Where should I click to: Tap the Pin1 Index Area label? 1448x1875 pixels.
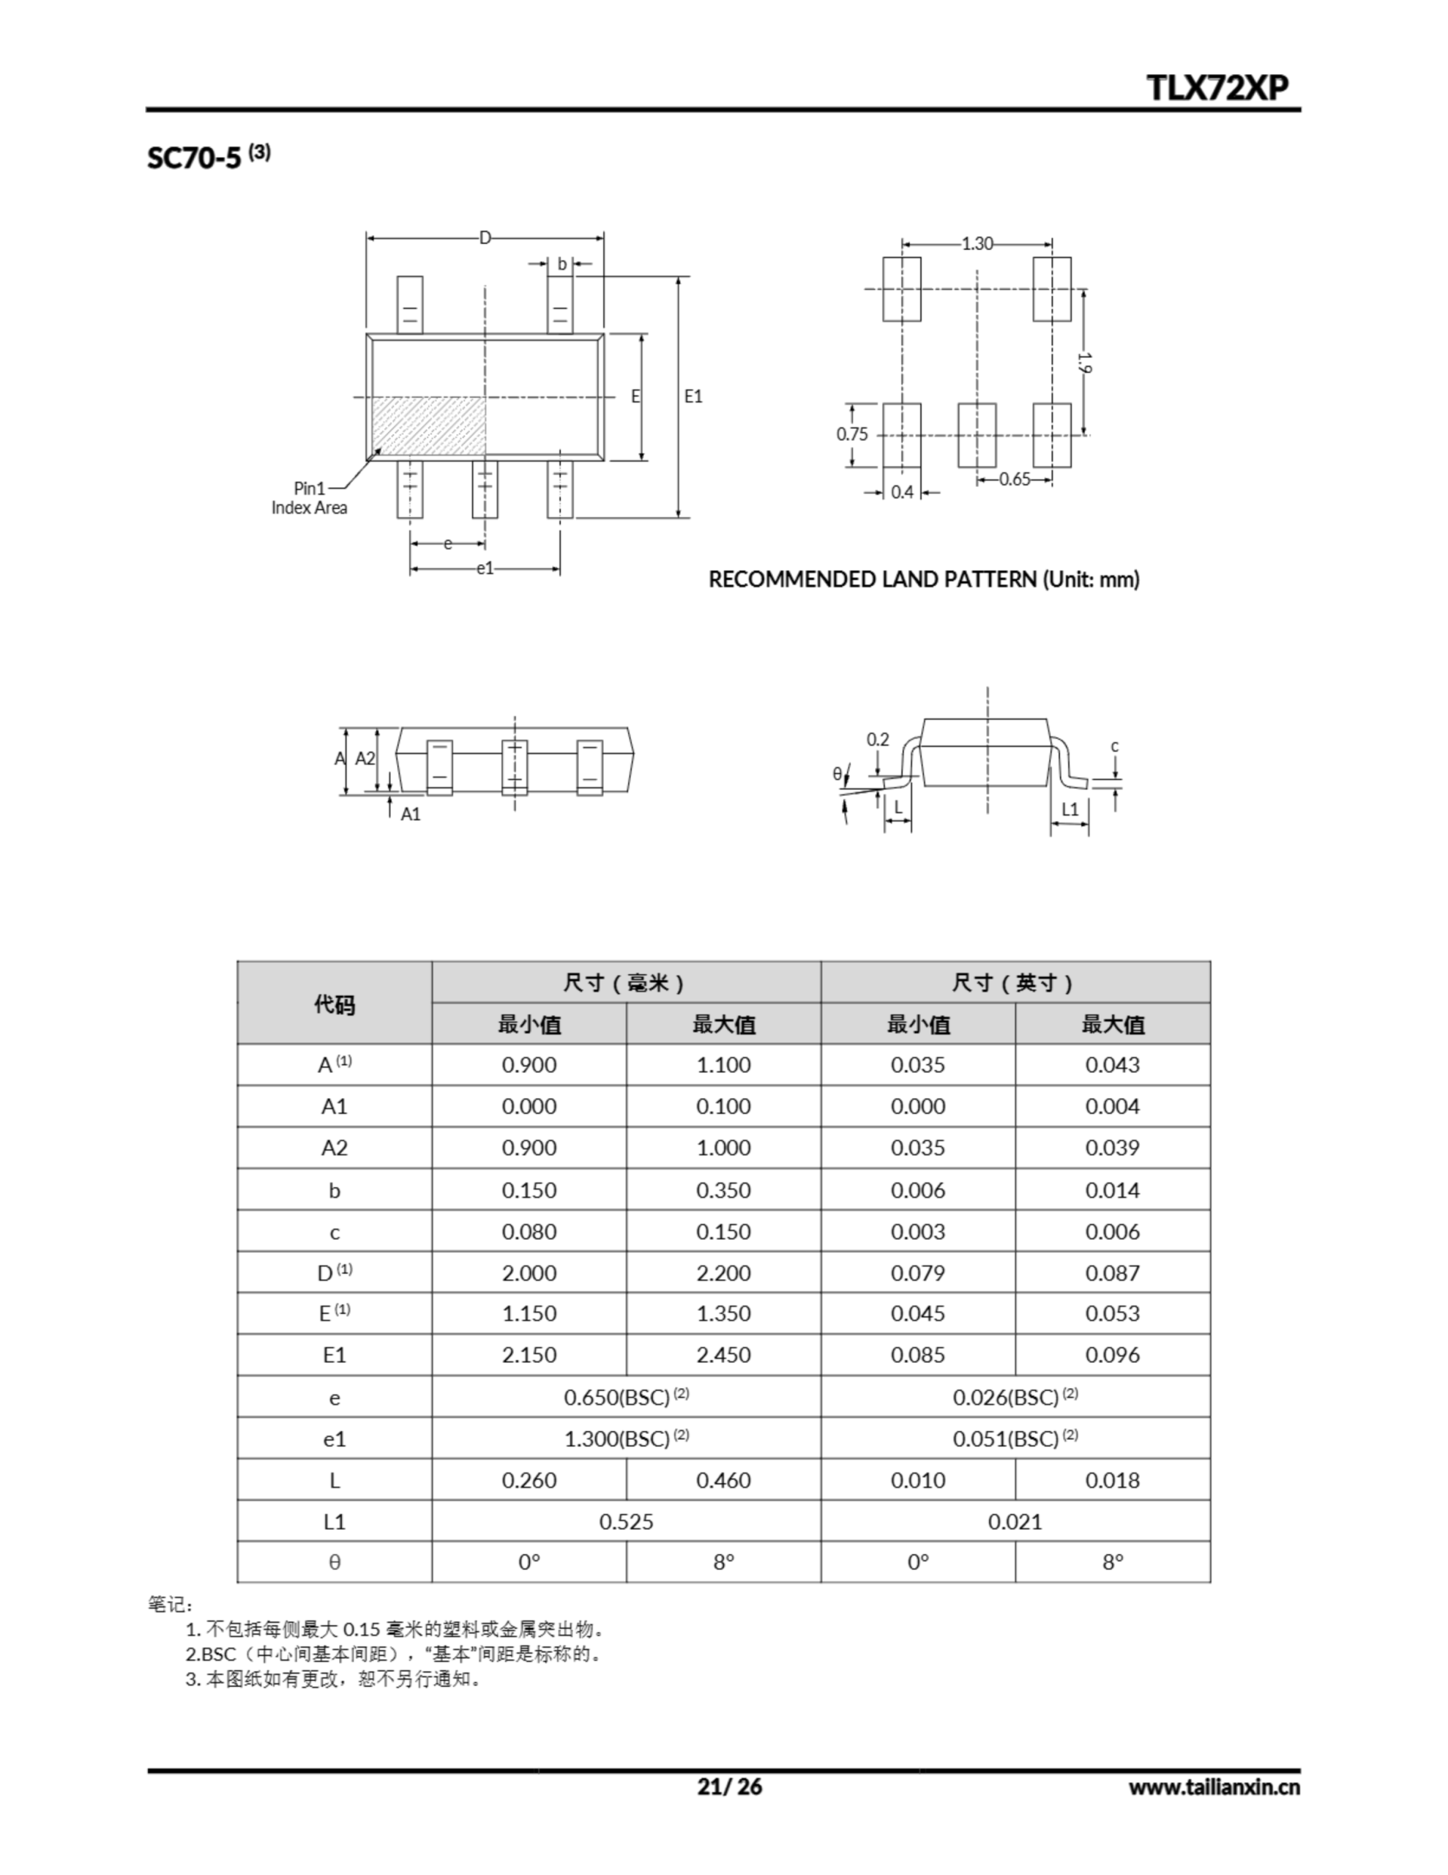tap(309, 498)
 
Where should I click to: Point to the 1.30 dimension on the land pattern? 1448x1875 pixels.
tap(977, 244)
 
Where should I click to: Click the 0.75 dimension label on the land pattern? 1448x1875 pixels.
tap(852, 434)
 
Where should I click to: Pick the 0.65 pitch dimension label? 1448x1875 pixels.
tap(1015, 479)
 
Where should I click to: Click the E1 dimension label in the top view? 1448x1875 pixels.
tap(693, 397)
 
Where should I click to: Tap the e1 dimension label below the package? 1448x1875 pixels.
tap(485, 568)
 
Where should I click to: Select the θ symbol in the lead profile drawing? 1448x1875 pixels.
tap(837, 773)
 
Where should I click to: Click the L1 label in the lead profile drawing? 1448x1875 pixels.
tap(1070, 809)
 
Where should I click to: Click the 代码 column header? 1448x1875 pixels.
tap(334, 1003)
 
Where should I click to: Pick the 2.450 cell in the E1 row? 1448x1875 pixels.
tap(723, 1355)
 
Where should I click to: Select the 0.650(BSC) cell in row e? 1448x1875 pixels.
tap(626, 1397)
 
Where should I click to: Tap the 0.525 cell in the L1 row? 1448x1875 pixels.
tap(626, 1521)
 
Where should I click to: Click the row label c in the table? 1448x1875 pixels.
tap(334, 1232)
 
